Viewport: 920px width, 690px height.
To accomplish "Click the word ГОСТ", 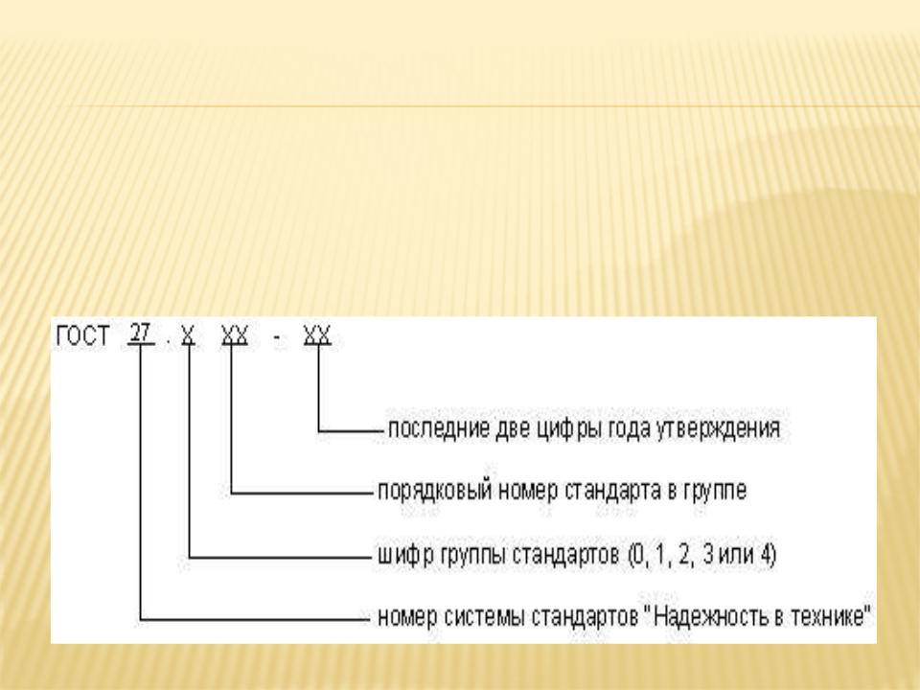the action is tap(82, 336).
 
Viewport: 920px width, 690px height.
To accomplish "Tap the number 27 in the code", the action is tap(140, 333).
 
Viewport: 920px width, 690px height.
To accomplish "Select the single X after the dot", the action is tap(188, 335).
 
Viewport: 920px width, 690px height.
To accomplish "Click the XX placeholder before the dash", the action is tap(235, 335).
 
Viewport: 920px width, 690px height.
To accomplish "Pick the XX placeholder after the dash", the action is tap(317, 335).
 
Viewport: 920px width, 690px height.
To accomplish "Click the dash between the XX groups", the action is tap(276, 338).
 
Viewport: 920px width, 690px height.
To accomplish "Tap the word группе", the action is tap(715, 492).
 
